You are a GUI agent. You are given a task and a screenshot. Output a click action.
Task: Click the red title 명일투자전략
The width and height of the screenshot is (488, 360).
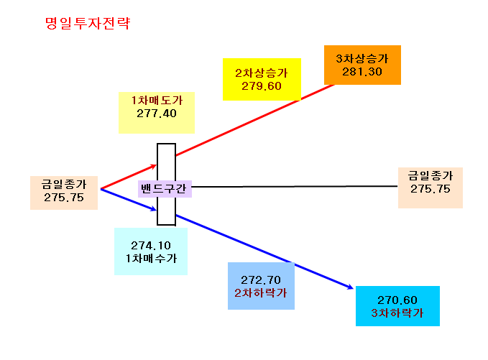88,23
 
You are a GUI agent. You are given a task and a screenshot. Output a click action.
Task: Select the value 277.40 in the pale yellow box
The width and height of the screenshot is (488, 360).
157,114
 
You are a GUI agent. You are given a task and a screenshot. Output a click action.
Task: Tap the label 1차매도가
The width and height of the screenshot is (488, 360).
157,100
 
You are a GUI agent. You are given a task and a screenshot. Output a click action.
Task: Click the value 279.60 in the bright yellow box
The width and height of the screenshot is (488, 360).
262,86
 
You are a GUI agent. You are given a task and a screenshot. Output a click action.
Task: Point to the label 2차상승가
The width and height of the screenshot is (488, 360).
262,73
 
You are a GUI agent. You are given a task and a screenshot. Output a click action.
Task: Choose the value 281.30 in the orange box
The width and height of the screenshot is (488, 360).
362,72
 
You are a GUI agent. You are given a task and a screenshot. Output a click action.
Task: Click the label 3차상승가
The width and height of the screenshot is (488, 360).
362,58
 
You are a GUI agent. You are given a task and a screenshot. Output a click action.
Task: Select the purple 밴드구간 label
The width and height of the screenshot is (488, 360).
163,188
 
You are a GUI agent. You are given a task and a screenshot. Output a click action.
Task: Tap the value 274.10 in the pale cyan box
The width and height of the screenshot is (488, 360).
151,246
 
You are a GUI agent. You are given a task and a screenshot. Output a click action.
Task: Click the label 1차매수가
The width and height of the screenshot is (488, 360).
151,259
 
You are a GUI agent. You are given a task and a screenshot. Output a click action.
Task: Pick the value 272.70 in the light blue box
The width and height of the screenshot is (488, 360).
261,280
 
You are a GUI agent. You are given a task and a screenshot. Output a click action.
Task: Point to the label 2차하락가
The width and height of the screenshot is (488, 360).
261,292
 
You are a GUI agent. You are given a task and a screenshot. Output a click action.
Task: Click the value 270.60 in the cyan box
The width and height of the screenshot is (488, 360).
397,300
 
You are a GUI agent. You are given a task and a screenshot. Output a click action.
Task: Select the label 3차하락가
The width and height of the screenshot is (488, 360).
397,313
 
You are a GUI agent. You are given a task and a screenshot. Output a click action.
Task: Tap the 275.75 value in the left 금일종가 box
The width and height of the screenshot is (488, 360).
64,198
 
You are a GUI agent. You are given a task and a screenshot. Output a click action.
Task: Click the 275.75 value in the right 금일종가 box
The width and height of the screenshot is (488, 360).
431,189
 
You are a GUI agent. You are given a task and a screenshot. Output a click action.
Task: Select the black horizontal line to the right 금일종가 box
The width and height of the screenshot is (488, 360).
295,186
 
